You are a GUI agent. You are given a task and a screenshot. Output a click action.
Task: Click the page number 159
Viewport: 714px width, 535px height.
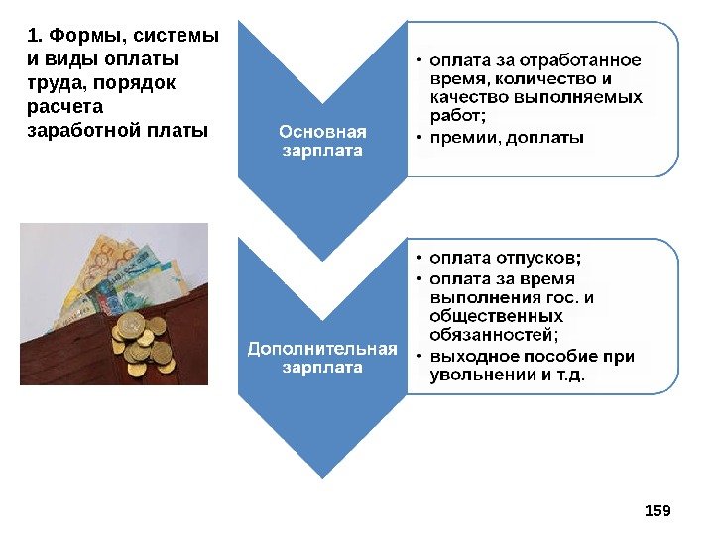tap(657, 510)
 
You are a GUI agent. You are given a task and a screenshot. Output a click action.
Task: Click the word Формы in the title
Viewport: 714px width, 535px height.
tap(79, 36)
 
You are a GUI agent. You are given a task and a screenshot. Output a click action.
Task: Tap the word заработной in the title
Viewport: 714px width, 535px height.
tap(76, 130)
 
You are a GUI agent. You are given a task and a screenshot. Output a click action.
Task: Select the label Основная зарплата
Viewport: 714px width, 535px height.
tap(322, 141)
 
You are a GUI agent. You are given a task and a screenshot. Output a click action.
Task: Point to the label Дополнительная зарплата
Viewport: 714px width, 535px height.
tap(322, 358)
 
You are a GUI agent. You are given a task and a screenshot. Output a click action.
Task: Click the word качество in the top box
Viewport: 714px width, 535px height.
tap(469, 98)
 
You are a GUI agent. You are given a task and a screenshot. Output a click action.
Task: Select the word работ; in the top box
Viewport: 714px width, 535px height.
tap(458, 117)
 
